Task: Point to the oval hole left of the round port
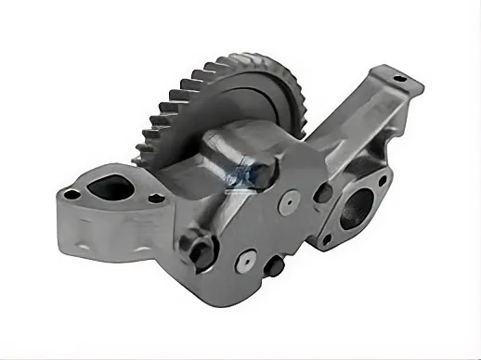click(324, 194)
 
